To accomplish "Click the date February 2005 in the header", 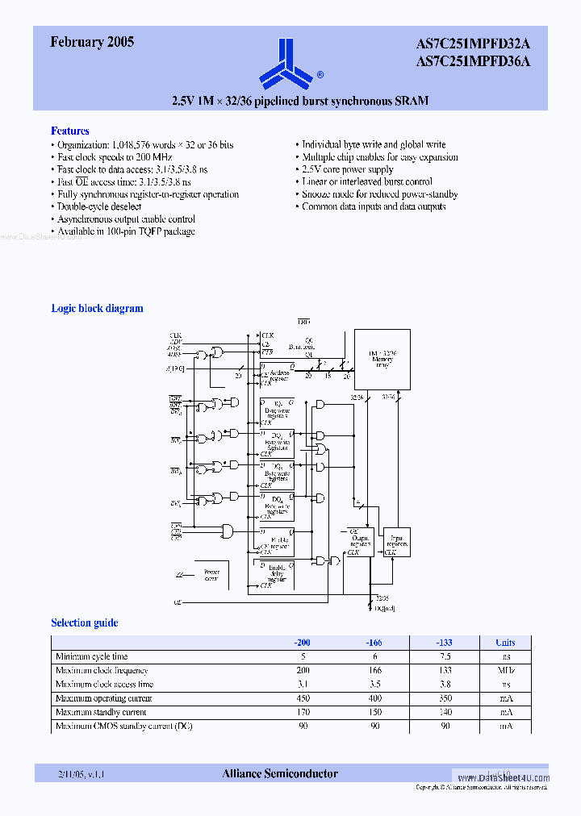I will coord(92,43).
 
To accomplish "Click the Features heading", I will coord(70,131).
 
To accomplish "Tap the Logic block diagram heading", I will coord(97,308).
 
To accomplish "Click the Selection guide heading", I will coord(84,622).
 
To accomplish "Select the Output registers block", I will coord(360,542).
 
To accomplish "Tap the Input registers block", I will coord(397,543).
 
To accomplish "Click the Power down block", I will coord(211,574).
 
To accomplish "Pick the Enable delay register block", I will coord(276,573).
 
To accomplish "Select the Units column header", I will coord(505,643).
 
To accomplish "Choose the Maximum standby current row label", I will coord(101,712).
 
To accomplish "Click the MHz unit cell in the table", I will coord(505,670).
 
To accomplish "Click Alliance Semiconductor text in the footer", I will coord(280,774).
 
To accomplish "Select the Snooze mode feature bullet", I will coord(380,194).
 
